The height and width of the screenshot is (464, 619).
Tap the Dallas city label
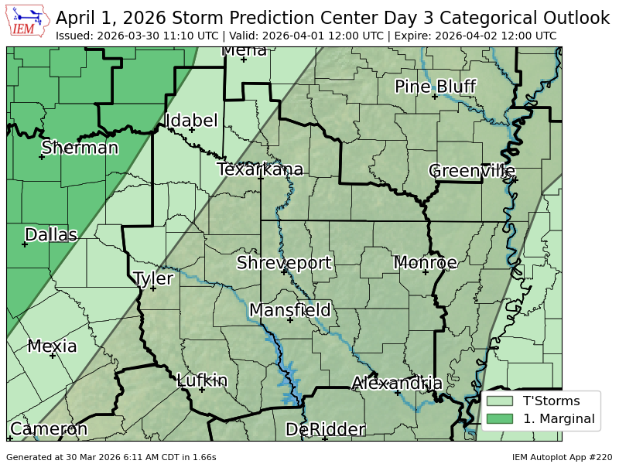click(51, 234)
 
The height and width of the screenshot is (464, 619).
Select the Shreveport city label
click(284, 263)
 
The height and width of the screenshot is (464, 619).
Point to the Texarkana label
click(260, 169)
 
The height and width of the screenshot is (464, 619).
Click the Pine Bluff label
click(435, 87)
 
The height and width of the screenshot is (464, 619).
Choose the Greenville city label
click(471, 170)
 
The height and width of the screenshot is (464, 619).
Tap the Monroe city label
click(425, 263)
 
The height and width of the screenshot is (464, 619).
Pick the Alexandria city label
click(397, 383)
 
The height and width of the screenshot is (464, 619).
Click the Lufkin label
click(202, 380)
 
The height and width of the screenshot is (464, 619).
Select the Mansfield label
click(289, 310)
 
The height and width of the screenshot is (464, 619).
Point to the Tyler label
click(153, 278)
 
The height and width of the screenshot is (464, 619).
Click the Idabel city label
click(191, 121)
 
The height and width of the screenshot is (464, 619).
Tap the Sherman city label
click(80, 148)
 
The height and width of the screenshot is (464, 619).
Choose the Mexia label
click(52, 346)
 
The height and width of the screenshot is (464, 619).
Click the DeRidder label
click(324, 429)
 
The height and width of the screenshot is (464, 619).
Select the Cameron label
click(48, 429)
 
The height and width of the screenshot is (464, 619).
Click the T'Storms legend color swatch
click(499, 401)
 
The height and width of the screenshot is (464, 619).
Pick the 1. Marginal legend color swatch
click(499, 419)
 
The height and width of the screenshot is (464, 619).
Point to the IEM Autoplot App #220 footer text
click(562, 457)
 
